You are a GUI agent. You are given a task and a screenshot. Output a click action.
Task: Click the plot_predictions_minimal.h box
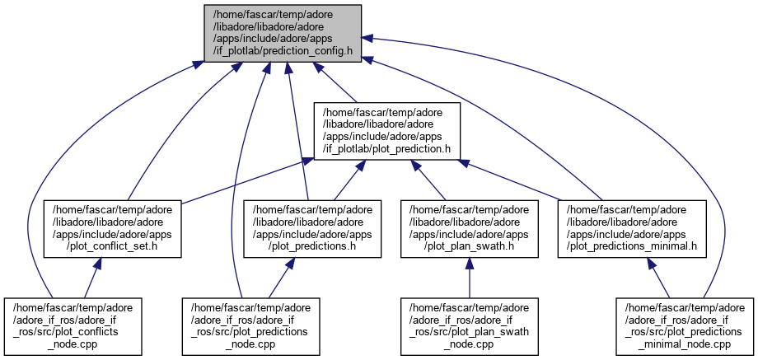632,227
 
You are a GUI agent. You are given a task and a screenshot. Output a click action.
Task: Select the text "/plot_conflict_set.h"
104,245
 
